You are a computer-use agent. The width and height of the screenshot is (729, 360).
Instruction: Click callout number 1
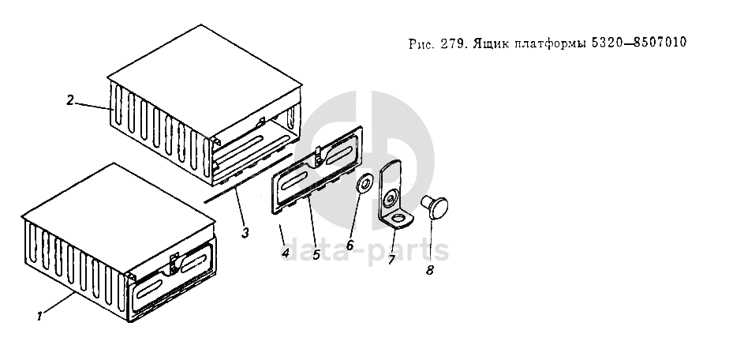coord(38,317)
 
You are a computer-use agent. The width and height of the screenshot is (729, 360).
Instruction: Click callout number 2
coord(70,100)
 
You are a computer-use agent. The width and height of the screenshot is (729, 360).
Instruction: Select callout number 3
coord(245,233)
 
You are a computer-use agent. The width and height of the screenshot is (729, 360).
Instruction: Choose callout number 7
coord(391,258)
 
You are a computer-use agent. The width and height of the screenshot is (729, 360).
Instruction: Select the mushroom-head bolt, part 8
coord(436,208)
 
